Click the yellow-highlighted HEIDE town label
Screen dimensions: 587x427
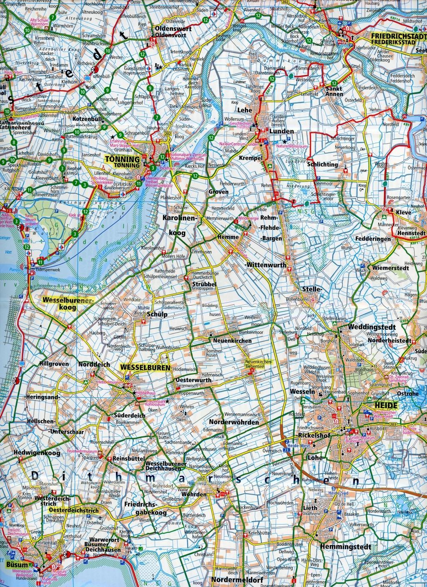point(380,404)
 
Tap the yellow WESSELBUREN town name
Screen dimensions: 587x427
point(145,368)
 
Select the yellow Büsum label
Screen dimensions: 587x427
point(17,565)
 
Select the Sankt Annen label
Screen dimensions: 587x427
point(334,91)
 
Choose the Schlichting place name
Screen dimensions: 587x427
point(322,164)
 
